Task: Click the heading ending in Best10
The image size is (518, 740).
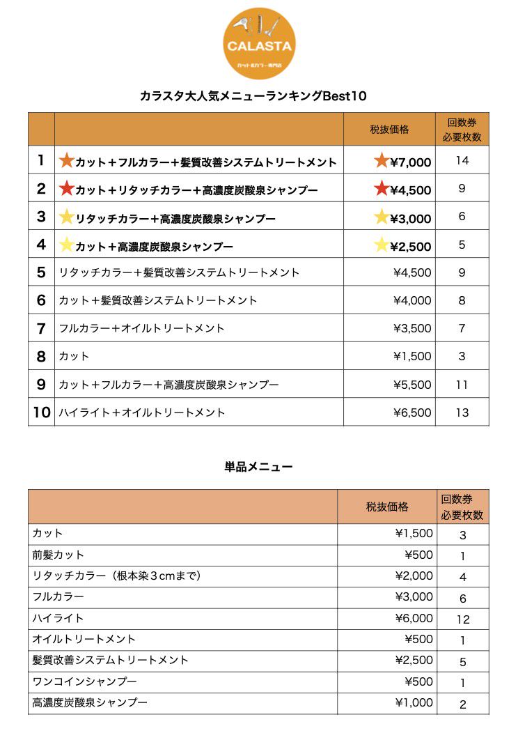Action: click(x=253, y=96)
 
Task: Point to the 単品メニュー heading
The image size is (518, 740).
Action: click(x=258, y=467)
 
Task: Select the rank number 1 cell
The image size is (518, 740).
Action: click(x=41, y=161)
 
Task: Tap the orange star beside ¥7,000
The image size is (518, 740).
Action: click(x=382, y=161)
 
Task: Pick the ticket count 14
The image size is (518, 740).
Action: click(x=462, y=161)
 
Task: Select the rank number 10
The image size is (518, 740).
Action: click(x=42, y=412)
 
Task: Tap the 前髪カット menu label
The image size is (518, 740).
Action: click(x=58, y=555)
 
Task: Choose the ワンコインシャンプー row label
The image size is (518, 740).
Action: click(x=84, y=681)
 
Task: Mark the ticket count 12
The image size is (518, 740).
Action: click(x=463, y=619)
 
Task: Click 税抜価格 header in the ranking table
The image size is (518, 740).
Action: click(x=389, y=130)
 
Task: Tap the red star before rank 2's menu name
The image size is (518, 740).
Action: click(x=66, y=188)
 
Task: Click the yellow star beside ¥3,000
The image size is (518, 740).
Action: click(x=382, y=217)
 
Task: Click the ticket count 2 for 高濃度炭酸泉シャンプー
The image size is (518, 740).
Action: click(x=463, y=704)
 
